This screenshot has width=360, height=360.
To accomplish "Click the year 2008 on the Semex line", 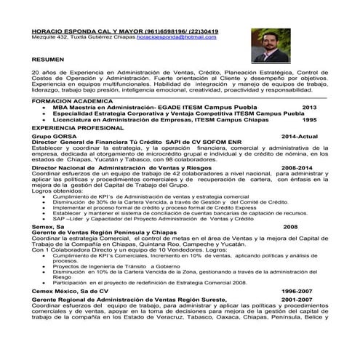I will click(290, 227).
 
